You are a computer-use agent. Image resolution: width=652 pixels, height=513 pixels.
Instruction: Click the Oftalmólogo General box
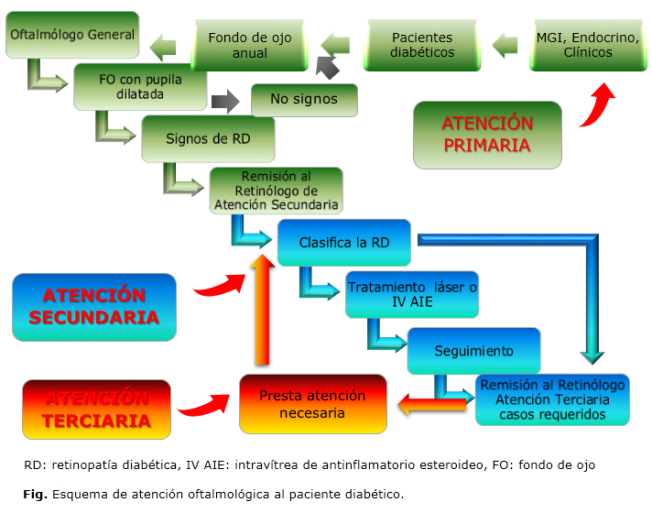(x=72, y=36)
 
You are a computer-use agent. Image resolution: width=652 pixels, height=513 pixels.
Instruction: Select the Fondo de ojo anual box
(x=250, y=46)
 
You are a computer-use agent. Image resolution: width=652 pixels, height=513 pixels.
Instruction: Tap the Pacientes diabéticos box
(x=422, y=46)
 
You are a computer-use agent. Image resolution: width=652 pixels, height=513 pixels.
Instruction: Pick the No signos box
(x=304, y=99)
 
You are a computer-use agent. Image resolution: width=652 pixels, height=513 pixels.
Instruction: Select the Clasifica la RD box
(x=343, y=243)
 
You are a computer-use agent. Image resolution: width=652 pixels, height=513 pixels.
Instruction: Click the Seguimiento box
(x=473, y=351)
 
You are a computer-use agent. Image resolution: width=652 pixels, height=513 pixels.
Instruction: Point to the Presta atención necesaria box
(x=312, y=404)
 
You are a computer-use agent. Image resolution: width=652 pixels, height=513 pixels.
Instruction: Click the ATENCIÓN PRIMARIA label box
(x=486, y=135)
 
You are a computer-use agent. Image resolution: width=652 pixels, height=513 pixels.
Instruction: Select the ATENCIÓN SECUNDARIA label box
(x=94, y=307)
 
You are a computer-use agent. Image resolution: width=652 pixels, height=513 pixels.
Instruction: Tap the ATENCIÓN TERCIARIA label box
(x=96, y=409)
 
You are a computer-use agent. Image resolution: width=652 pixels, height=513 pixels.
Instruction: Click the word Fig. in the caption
(x=35, y=494)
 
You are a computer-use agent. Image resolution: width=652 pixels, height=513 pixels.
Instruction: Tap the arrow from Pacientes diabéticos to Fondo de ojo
(x=336, y=43)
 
